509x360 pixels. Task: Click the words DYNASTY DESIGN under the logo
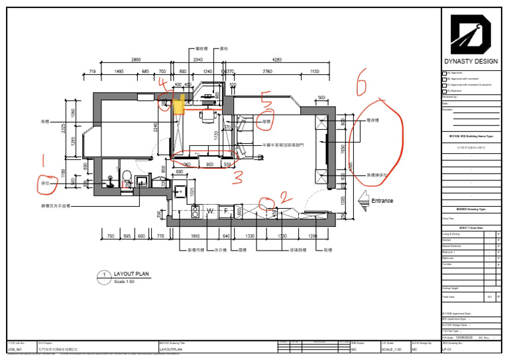coord(473,62)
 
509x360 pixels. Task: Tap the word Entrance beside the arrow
coord(382,201)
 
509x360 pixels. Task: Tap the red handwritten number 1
coord(45,160)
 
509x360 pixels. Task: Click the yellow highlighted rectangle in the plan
coord(179,105)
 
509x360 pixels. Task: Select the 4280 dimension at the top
coord(277,60)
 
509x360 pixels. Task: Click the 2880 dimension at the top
coord(136,60)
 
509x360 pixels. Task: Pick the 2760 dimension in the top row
coord(267,71)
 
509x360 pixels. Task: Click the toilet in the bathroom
coord(125,177)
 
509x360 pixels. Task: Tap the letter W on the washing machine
coord(211,211)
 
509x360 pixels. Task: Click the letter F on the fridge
coord(226,211)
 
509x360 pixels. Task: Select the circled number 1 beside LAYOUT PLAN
coord(104,275)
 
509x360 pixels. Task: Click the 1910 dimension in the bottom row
coord(196,236)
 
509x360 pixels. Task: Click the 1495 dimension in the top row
coord(119,71)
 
